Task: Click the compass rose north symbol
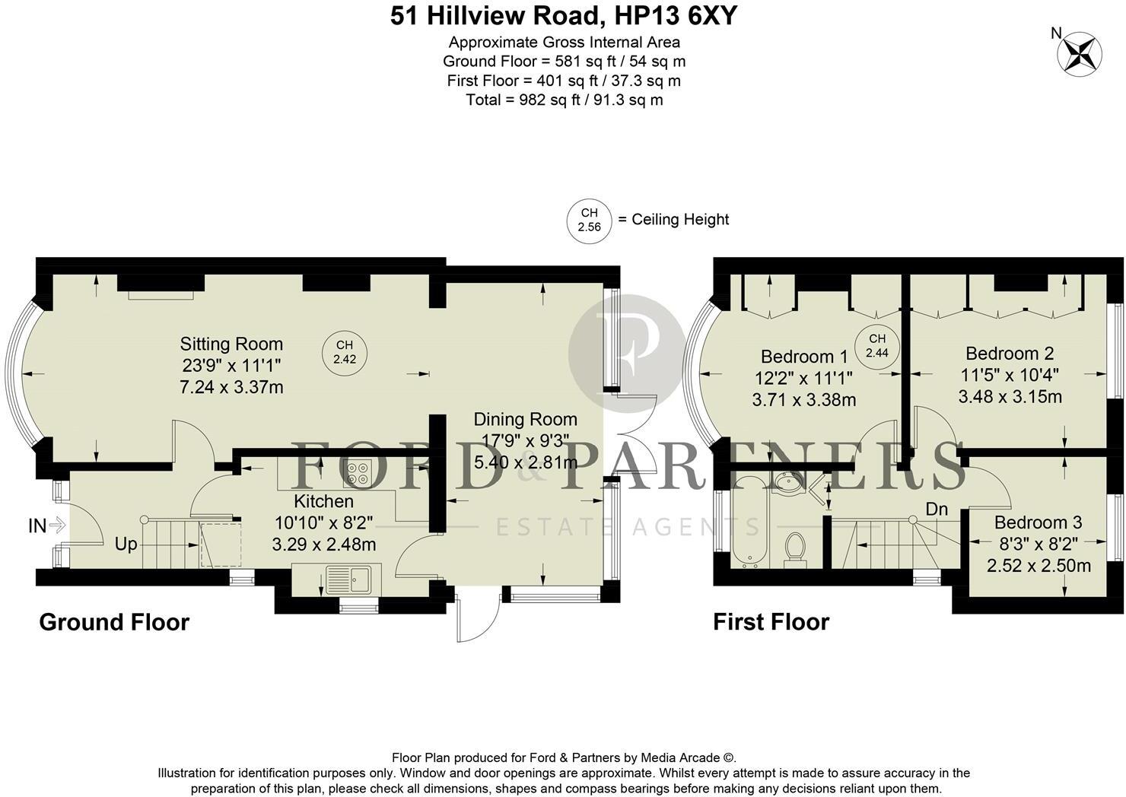click(1080, 52)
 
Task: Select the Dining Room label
click(525, 419)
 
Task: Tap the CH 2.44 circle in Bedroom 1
click(876, 346)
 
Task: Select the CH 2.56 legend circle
click(589, 221)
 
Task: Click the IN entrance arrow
click(47, 525)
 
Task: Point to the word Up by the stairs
click(126, 545)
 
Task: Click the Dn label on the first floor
click(937, 508)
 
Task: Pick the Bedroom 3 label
click(1038, 522)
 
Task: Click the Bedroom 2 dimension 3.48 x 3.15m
click(1010, 396)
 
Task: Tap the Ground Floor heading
click(114, 622)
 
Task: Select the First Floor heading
click(771, 622)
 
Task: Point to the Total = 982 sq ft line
click(564, 100)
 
